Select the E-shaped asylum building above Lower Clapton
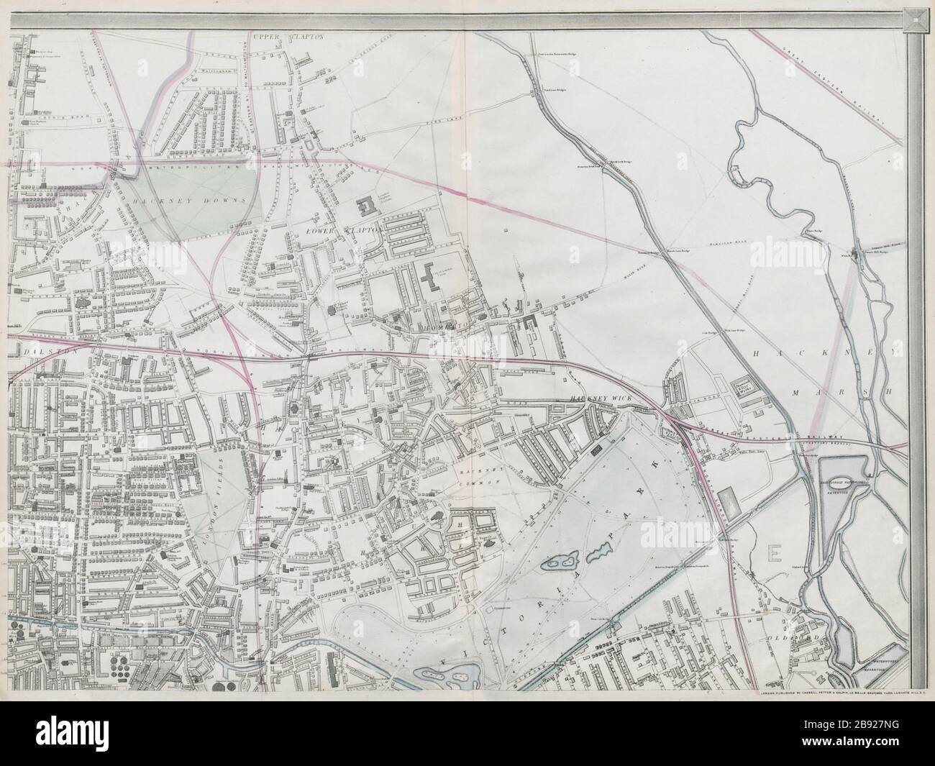pyautogui.click(x=370, y=207)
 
